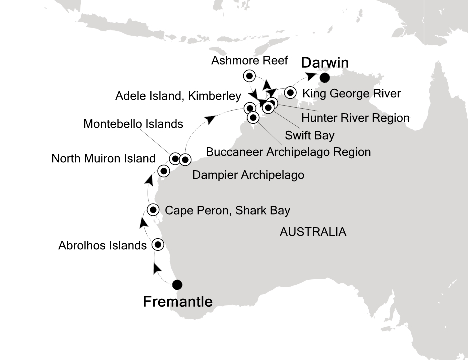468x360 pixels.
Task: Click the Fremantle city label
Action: (x=178, y=302)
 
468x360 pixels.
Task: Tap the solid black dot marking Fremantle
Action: (x=177, y=285)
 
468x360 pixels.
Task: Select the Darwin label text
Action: (x=324, y=63)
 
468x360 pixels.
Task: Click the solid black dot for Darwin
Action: (x=325, y=77)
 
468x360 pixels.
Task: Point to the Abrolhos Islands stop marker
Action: (x=158, y=245)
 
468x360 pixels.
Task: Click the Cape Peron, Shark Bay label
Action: (x=227, y=210)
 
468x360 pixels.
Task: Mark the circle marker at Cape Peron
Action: (x=153, y=209)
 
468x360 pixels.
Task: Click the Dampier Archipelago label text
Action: (x=248, y=175)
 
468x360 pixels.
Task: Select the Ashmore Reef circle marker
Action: (x=248, y=76)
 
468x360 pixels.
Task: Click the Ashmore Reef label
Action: (x=249, y=61)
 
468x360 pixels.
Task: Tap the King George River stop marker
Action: (x=291, y=92)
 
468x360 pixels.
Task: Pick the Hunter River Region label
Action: (x=355, y=118)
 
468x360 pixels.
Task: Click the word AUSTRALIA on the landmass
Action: (x=313, y=232)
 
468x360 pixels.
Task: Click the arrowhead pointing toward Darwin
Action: (x=311, y=76)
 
